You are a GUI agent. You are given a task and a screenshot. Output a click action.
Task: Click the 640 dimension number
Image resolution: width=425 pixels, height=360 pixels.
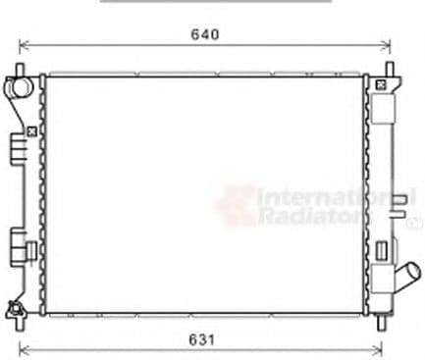click(x=205, y=34)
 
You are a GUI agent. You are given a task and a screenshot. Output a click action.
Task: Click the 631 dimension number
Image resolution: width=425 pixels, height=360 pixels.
click(x=202, y=340)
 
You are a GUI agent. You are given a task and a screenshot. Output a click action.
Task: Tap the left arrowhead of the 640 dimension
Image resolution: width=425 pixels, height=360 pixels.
click(x=25, y=46)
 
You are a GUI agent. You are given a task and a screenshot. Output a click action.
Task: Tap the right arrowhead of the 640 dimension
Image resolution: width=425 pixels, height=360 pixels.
click(x=386, y=46)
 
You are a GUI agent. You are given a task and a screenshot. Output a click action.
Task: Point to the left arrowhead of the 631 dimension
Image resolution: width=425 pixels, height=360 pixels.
click(x=25, y=350)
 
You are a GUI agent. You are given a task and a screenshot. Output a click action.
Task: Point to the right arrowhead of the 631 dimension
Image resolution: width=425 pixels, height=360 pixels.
click(x=377, y=350)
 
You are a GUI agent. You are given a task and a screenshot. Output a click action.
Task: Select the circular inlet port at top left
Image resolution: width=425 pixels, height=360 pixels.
click(x=19, y=87)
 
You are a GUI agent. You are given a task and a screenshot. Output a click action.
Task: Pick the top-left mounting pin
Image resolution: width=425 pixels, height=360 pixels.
click(x=20, y=70)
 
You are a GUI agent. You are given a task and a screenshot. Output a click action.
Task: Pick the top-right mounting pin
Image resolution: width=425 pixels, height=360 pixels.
click(x=389, y=70)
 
